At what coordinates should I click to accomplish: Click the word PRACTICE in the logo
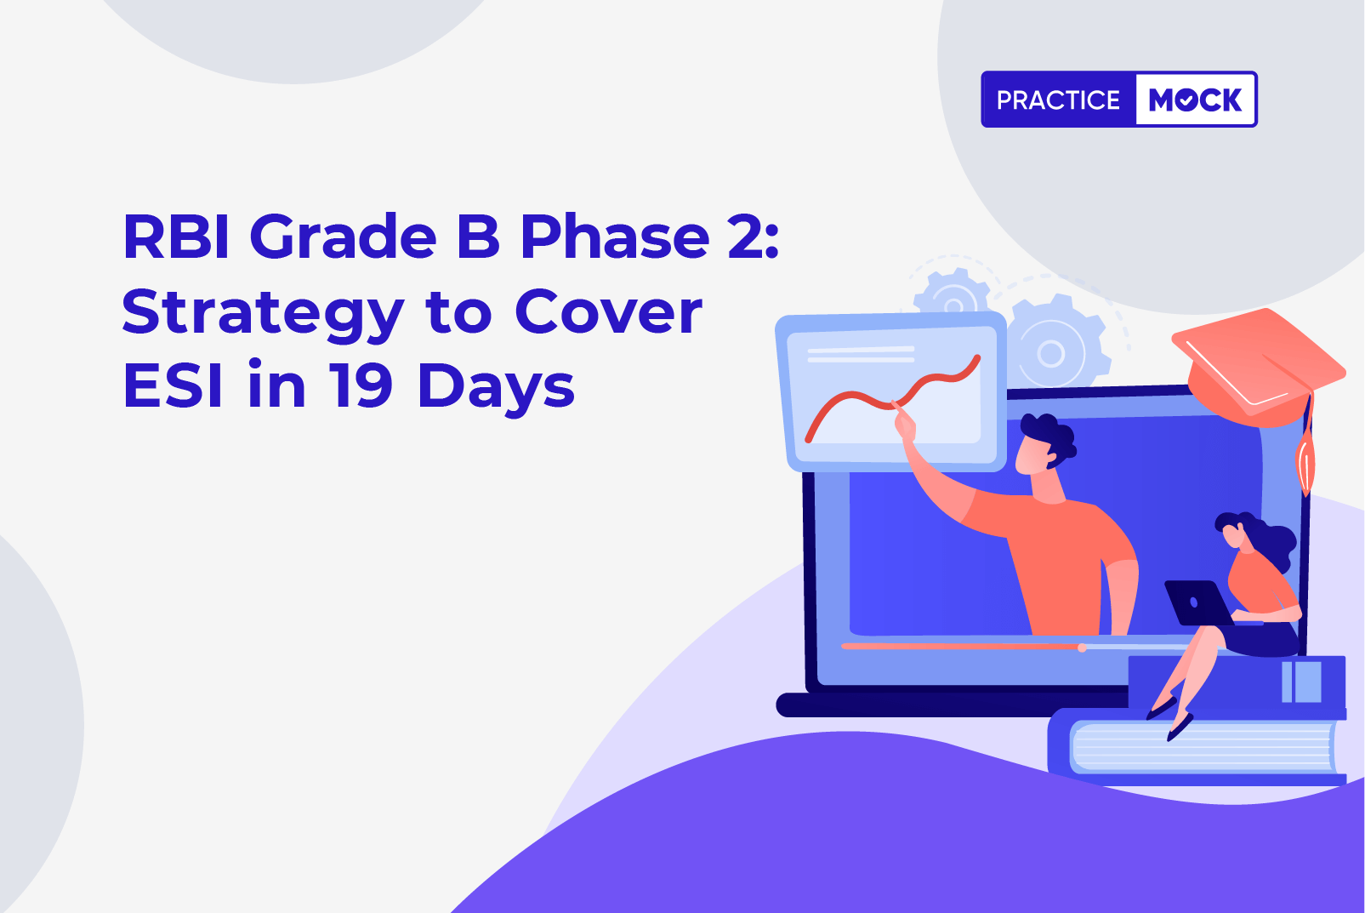(x=1058, y=100)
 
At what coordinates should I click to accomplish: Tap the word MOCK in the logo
(x=1195, y=100)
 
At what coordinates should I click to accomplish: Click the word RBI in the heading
(x=176, y=237)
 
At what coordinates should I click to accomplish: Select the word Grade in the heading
(x=343, y=237)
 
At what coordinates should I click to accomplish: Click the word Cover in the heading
(x=609, y=311)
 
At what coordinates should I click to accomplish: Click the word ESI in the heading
(x=173, y=385)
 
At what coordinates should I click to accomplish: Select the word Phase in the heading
(x=614, y=237)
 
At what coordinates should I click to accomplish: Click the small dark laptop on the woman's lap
(x=1197, y=602)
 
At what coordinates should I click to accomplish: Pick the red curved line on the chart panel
(x=893, y=398)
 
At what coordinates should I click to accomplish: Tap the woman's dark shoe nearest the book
(x=1180, y=728)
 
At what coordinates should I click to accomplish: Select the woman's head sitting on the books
(x=1237, y=530)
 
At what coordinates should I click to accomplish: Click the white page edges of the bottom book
(x=1202, y=747)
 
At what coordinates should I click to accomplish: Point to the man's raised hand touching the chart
(x=904, y=422)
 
